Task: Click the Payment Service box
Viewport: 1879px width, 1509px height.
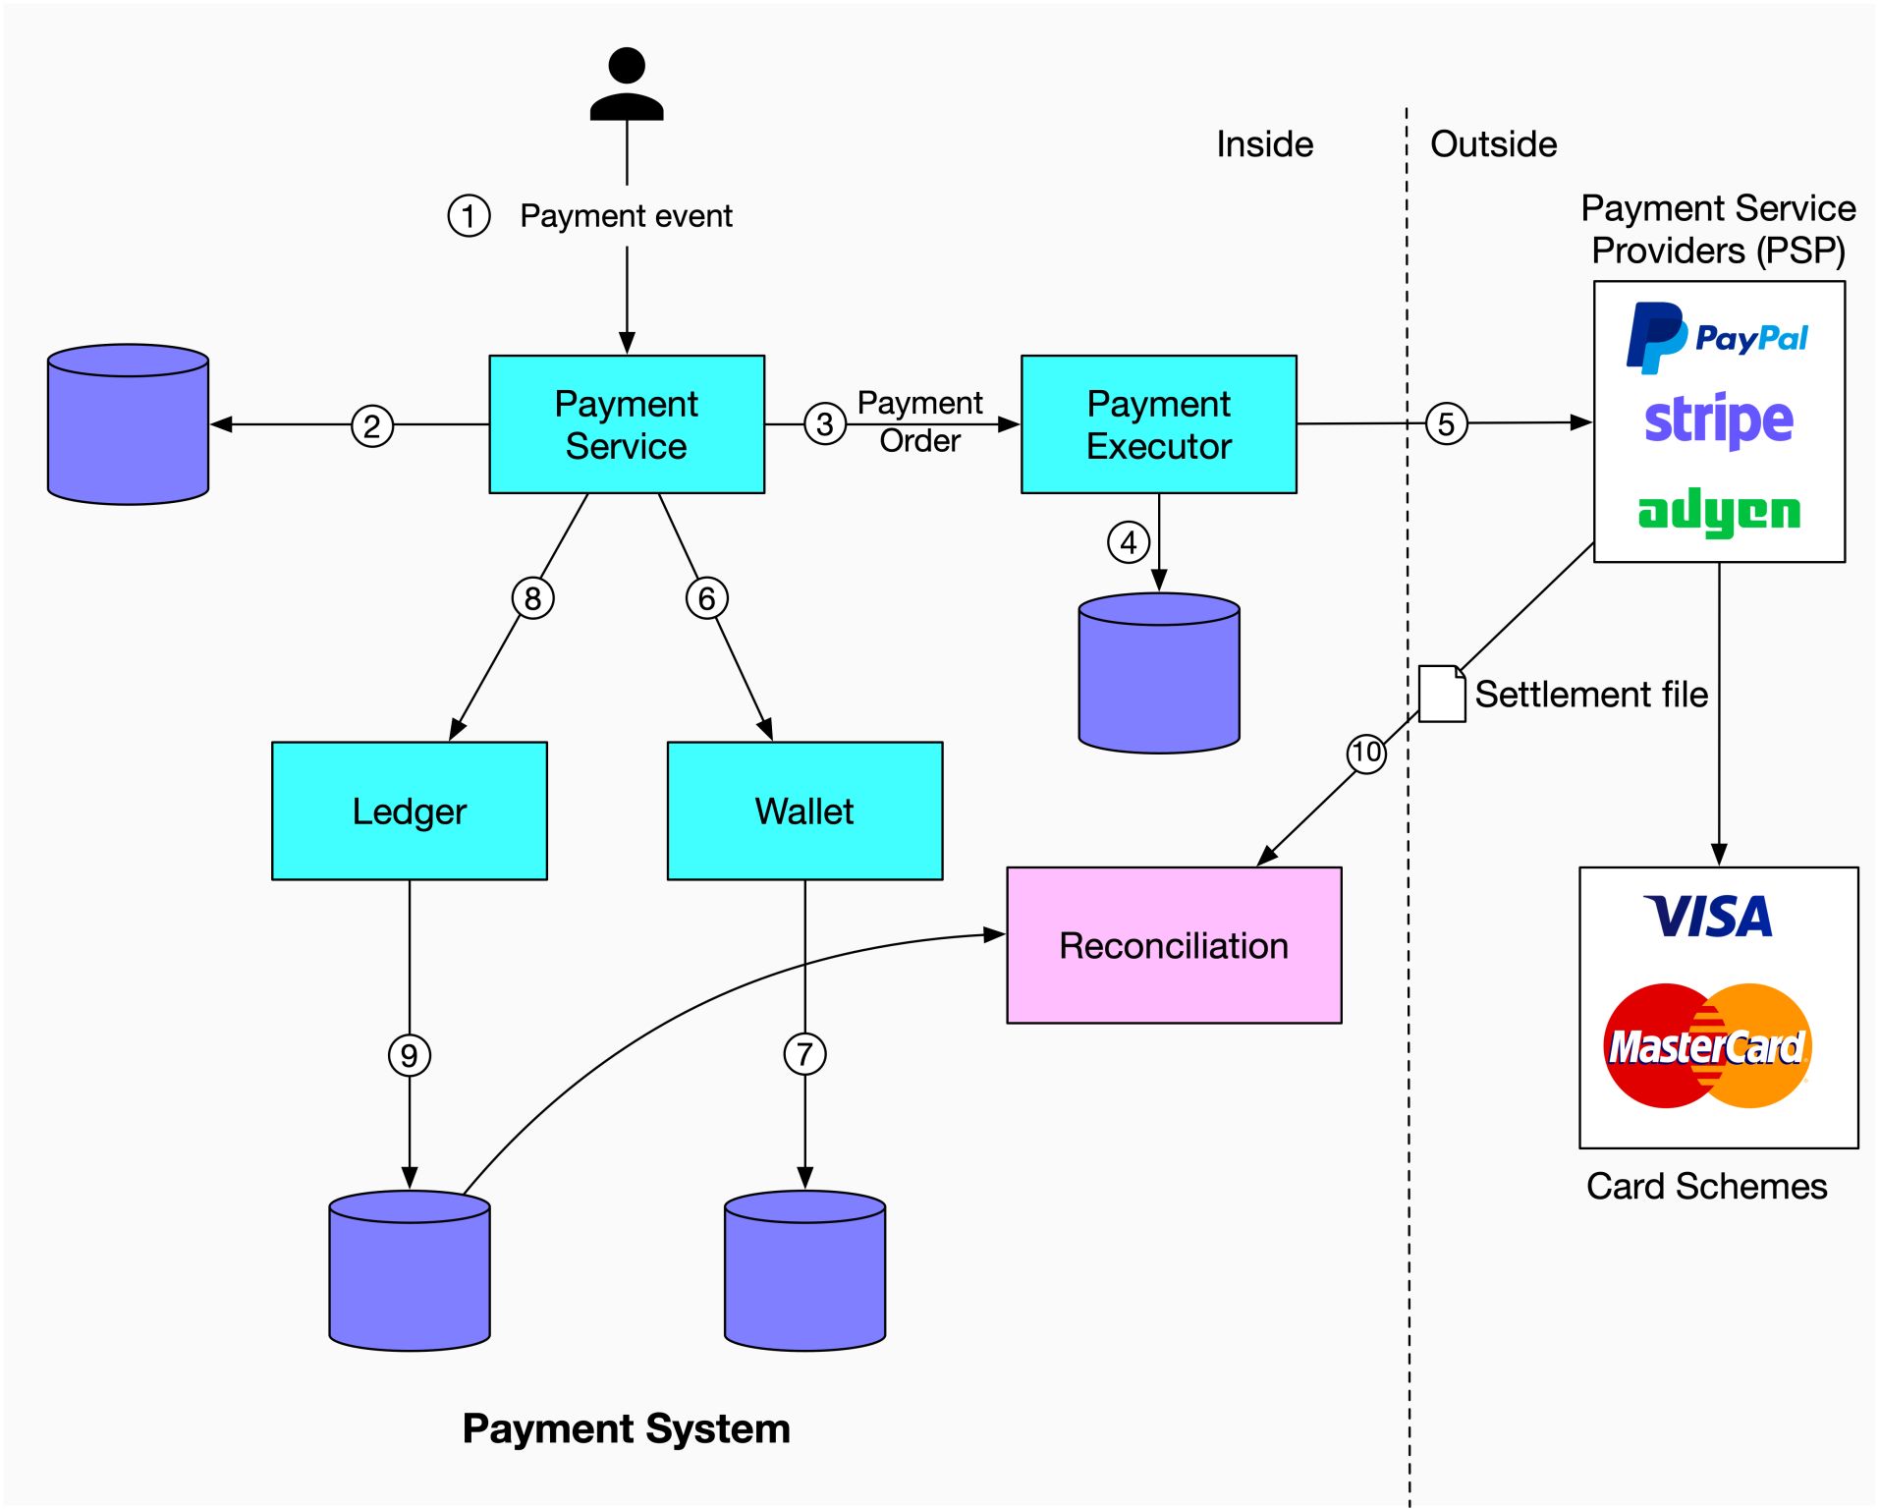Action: point(627,424)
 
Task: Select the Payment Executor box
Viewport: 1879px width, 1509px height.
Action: point(1159,424)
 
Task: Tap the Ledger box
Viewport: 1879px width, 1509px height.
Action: point(410,811)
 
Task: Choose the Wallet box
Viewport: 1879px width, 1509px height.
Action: point(804,811)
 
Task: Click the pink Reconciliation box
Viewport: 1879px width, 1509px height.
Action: point(1174,945)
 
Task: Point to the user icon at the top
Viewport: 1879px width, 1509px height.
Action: point(627,84)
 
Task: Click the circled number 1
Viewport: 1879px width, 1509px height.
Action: point(469,216)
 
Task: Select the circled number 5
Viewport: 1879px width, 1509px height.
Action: point(1446,424)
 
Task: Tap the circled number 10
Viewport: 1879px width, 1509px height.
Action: point(1366,754)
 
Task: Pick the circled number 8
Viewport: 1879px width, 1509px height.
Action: point(532,598)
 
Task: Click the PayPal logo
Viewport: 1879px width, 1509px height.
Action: point(1717,338)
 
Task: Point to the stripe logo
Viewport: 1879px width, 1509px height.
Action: point(1719,420)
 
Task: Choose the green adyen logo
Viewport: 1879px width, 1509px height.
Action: point(1719,512)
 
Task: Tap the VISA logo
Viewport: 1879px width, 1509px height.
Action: point(1709,917)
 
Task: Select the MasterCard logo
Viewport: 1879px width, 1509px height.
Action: point(1707,1046)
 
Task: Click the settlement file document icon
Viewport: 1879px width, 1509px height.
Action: point(1442,695)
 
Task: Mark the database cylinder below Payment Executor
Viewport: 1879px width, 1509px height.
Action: point(1159,674)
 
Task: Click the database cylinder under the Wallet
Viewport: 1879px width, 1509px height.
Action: point(804,1271)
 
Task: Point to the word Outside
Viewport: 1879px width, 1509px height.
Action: point(1493,144)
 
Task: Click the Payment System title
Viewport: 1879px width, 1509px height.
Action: point(627,1428)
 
